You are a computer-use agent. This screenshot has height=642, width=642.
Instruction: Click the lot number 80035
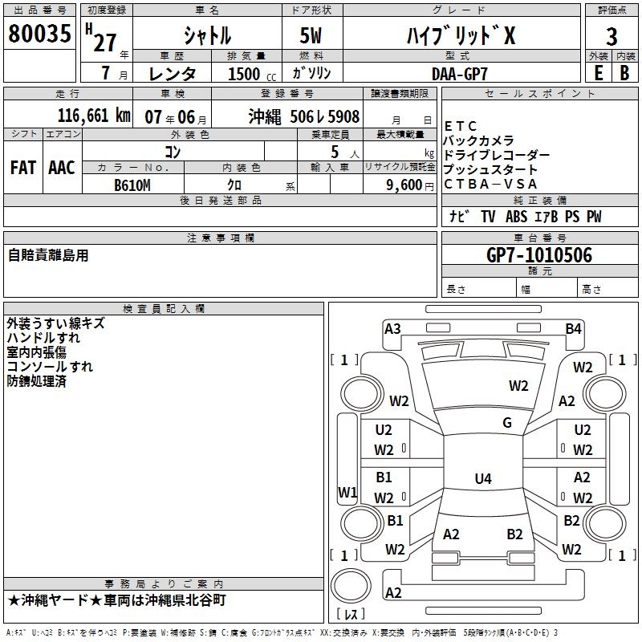(39, 35)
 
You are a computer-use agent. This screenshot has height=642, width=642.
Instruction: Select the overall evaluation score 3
(612, 37)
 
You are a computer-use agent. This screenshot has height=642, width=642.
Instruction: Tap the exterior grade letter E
(598, 72)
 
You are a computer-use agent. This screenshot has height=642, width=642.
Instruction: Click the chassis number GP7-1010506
(539, 256)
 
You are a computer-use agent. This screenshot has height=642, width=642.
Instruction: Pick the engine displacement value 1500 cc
(250, 74)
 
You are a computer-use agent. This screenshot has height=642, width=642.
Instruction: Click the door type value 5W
(314, 36)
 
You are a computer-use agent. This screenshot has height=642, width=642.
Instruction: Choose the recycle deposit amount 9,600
(399, 185)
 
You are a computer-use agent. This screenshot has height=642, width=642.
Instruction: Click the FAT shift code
(23, 168)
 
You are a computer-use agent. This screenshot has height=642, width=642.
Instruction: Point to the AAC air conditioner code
(61, 168)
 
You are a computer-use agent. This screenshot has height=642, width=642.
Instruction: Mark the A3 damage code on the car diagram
(392, 328)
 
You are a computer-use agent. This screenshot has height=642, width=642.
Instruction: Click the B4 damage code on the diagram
(573, 328)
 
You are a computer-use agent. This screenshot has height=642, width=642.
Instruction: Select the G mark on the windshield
(507, 423)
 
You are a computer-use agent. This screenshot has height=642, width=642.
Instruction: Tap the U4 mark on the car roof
(482, 479)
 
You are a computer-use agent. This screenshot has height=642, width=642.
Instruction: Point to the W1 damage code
(347, 492)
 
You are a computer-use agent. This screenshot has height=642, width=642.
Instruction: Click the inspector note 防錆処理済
(37, 381)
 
